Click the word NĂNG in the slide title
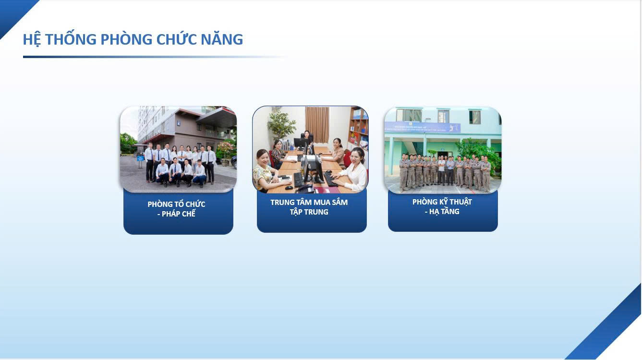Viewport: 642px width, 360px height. [x=222, y=39]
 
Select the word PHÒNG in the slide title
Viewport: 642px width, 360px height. [x=126, y=39]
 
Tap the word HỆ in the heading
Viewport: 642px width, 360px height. [x=32, y=39]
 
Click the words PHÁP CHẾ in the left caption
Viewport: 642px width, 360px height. [x=178, y=214]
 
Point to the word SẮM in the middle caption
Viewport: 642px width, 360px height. [x=339, y=202]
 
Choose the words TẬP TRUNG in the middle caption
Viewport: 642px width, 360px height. [x=309, y=212]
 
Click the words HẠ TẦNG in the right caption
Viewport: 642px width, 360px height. [x=444, y=212]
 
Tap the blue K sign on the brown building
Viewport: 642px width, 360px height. [x=179, y=123]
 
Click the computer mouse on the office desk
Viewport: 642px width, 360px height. [x=289, y=188]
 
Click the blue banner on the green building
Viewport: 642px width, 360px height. [x=423, y=127]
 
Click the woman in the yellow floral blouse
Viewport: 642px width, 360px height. [x=265, y=172]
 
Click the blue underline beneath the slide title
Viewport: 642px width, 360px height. [x=155, y=57]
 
